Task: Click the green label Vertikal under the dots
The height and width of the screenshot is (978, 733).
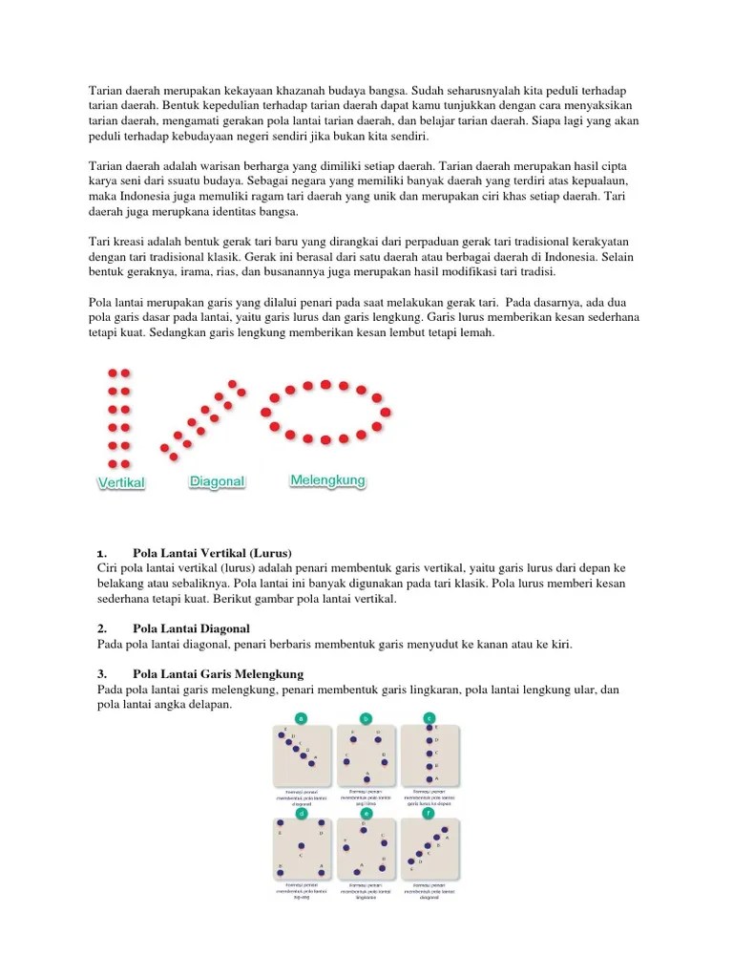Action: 121,483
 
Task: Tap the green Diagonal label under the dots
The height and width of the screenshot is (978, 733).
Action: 218,482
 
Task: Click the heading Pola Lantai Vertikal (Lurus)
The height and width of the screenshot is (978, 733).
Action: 212,553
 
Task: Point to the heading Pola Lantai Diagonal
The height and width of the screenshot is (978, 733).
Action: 191,628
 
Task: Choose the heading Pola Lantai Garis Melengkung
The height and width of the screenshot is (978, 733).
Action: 218,673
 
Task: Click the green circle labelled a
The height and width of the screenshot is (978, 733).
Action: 302,717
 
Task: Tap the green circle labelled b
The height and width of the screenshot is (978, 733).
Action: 366,717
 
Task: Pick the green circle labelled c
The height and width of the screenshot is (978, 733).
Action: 429,717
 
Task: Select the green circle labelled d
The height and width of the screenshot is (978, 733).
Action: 302,814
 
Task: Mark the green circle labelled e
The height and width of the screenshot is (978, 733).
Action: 366,814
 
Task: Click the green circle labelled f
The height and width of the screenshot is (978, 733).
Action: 429,814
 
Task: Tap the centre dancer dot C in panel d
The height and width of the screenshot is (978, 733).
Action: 302,846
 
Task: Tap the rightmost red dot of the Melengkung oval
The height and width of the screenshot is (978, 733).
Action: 387,411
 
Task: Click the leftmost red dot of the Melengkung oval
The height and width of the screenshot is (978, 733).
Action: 265,412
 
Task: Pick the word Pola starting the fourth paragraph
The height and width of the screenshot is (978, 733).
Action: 101,303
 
